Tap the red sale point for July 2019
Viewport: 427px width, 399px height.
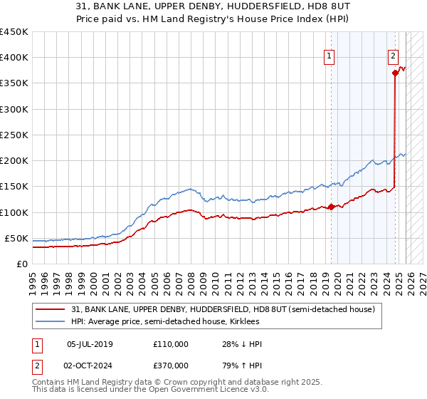tap(331, 207)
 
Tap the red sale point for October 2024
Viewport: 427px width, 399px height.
tap(395, 72)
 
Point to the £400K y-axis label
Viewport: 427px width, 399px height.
tap(14, 58)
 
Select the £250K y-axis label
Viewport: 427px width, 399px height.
tap(14, 135)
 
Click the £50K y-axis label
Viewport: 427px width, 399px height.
tap(17, 238)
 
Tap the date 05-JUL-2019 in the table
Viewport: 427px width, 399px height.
tap(90, 344)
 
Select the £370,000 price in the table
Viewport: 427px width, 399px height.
tap(171, 365)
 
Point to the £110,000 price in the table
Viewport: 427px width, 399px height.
tap(171, 344)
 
